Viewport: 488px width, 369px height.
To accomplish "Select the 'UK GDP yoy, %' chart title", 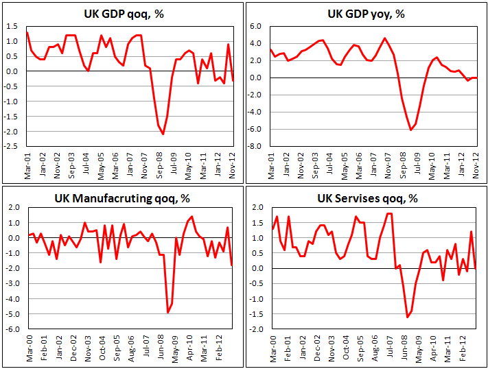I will (x=367, y=14).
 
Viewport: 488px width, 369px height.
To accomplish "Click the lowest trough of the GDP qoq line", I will (x=163, y=134).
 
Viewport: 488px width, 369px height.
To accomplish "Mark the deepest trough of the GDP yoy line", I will (x=410, y=130).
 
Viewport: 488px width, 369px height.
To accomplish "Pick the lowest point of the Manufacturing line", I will (x=168, y=313).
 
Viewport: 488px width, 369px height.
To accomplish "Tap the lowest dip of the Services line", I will (x=407, y=317).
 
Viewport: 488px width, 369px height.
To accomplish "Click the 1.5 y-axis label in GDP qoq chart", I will (x=13, y=26).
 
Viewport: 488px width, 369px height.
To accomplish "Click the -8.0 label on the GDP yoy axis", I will (x=256, y=146).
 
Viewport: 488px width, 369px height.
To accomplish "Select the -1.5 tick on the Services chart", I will (x=256, y=314).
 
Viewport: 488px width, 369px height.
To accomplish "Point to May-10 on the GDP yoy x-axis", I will (x=432, y=162).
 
